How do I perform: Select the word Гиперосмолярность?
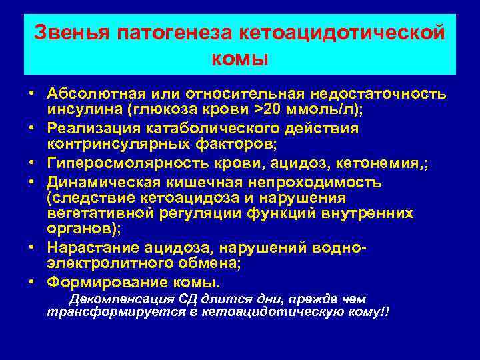(119, 163)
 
